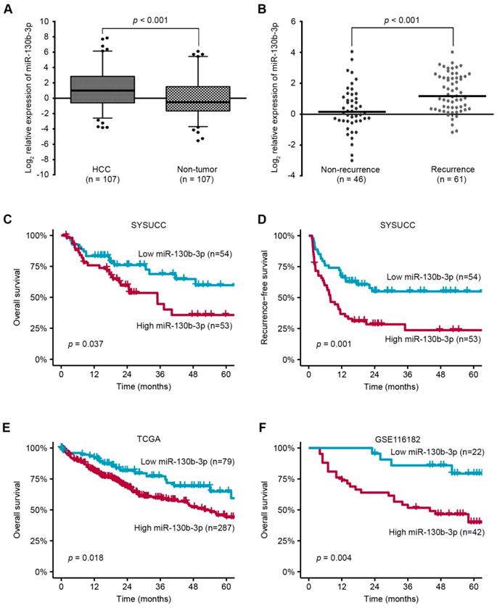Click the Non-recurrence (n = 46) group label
click(351, 174)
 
